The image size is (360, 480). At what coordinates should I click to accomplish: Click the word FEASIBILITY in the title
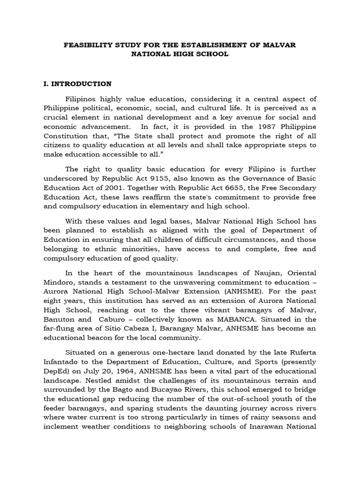point(86,45)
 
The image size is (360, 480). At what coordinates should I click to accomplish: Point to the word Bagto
point(122,390)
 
